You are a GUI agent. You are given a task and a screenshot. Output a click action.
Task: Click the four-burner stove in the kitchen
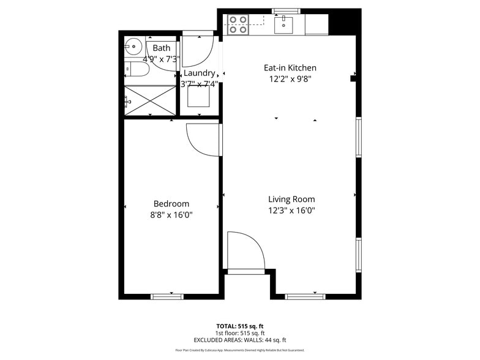[238, 24]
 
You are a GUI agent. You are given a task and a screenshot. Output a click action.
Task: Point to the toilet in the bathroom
[136, 70]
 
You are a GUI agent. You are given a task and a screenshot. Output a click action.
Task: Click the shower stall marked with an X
[151, 100]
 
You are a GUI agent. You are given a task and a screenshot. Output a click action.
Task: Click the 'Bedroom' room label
[171, 204]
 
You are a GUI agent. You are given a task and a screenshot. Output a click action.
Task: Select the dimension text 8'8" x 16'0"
[171, 215]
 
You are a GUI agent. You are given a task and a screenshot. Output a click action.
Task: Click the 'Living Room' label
[291, 199]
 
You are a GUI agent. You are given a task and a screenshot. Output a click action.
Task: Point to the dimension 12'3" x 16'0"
[291, 211]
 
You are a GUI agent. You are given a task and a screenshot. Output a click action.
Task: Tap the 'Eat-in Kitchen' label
[290, 68]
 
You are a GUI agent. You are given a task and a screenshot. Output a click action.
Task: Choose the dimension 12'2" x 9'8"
[290, 79]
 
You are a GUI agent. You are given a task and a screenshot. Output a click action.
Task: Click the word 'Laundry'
[199, 73]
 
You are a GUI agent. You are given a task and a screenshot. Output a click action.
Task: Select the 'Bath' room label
[162, 48]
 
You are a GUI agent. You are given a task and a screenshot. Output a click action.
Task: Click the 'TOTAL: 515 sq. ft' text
[240, 326]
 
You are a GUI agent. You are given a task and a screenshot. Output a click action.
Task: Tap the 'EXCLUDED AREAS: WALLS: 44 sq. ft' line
[240, 340]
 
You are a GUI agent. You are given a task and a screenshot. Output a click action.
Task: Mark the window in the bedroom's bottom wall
[167, 297]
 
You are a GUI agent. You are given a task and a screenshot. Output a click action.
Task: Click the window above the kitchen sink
[286, 11]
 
